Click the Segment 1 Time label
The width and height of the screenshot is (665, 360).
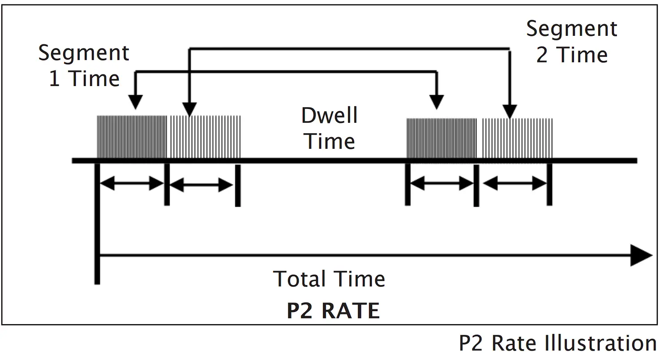(84, 66)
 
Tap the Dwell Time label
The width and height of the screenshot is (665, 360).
(330, 128)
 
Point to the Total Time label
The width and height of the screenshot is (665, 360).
(329, 279)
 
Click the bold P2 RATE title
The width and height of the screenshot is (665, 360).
(333, 311)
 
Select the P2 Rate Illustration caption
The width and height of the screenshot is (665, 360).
(558, 343)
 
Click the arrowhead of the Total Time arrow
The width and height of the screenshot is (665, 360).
(641, 256)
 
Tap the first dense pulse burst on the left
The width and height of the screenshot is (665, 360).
(132, 137)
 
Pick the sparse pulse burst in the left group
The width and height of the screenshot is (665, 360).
(205, 137)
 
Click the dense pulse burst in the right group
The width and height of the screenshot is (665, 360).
(441, 138)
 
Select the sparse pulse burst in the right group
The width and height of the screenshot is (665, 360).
(517, 138)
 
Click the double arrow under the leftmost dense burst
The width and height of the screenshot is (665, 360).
(132, 183)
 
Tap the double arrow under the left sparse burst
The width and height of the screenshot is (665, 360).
(201, 184)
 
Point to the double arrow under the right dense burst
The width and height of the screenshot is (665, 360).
(442, 183)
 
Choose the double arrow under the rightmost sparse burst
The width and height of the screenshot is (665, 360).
(515, 183)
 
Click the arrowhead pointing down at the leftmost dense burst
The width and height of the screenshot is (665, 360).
(135, 102)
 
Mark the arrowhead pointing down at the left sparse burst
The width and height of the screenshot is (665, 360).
(190, 109)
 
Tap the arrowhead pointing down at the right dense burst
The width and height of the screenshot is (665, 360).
(436, 102)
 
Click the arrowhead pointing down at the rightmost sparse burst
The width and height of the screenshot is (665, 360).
(509, 111)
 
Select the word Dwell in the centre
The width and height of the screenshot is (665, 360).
(330, 116)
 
